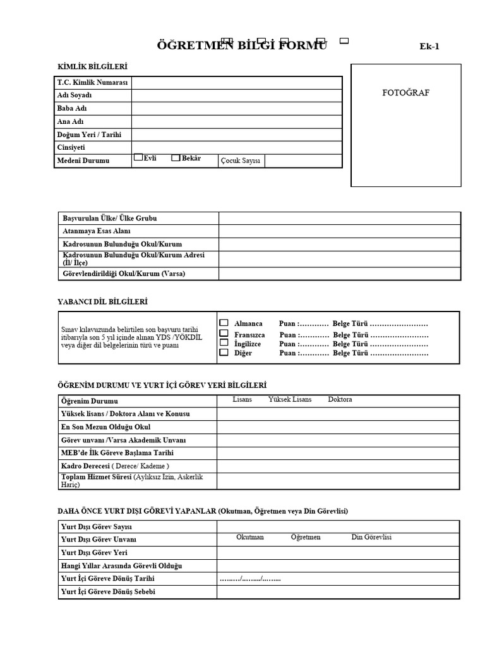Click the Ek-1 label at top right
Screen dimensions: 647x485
coord(429,46)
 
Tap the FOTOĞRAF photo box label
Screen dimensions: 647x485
coord(406,92)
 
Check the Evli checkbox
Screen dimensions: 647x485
coord(138,159)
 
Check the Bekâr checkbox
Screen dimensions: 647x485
coord(176,159)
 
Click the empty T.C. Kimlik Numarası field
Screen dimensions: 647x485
coord(236,83)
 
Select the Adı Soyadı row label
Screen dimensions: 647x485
coord(75,95)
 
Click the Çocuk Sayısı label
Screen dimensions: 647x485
coord(240,161)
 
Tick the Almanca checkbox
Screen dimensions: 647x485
coord(224,323)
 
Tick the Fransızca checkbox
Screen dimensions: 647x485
coord(224,333)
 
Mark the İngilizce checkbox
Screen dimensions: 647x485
coord(224,343)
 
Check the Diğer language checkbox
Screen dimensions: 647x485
coord(224,353)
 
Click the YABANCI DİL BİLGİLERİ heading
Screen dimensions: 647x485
coord(103,302)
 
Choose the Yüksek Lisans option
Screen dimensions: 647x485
coord(290,400)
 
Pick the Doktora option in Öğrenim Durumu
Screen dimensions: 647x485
coord(340,400)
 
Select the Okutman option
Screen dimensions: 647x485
coord(250,537)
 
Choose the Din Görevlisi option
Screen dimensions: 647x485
coord(371,537)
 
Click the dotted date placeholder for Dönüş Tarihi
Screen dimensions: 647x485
coord(250,579)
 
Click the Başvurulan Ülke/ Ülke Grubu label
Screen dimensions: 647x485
coord(110,218)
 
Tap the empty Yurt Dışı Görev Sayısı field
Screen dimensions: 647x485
coord(338,526)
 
